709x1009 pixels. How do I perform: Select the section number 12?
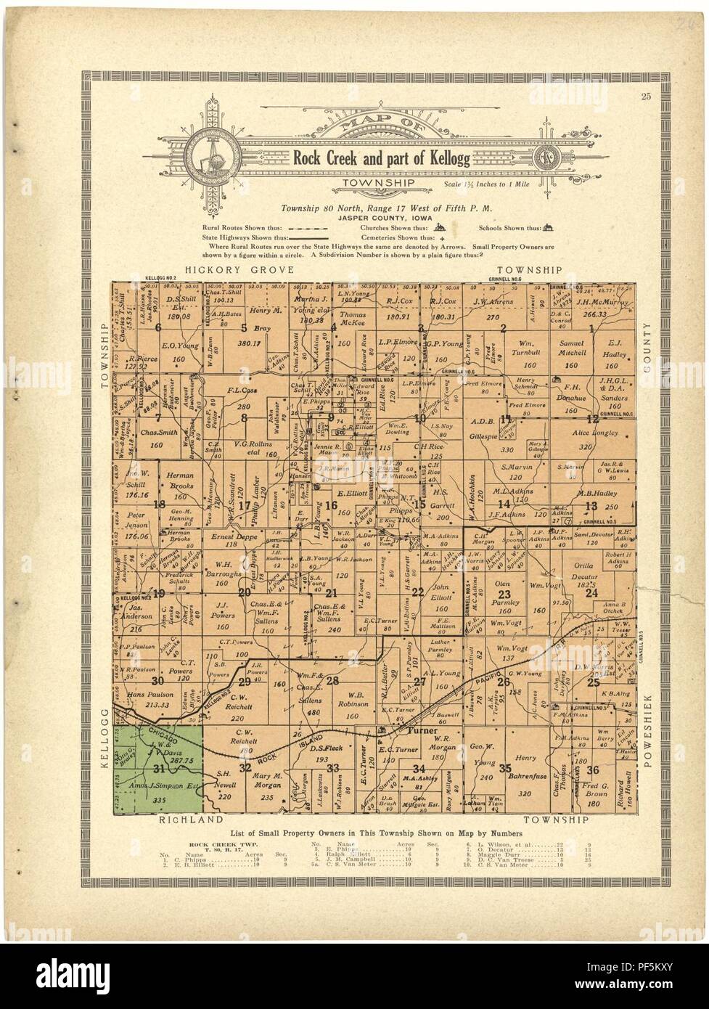coord(593,419)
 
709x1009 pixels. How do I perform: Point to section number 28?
coord(332,681)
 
